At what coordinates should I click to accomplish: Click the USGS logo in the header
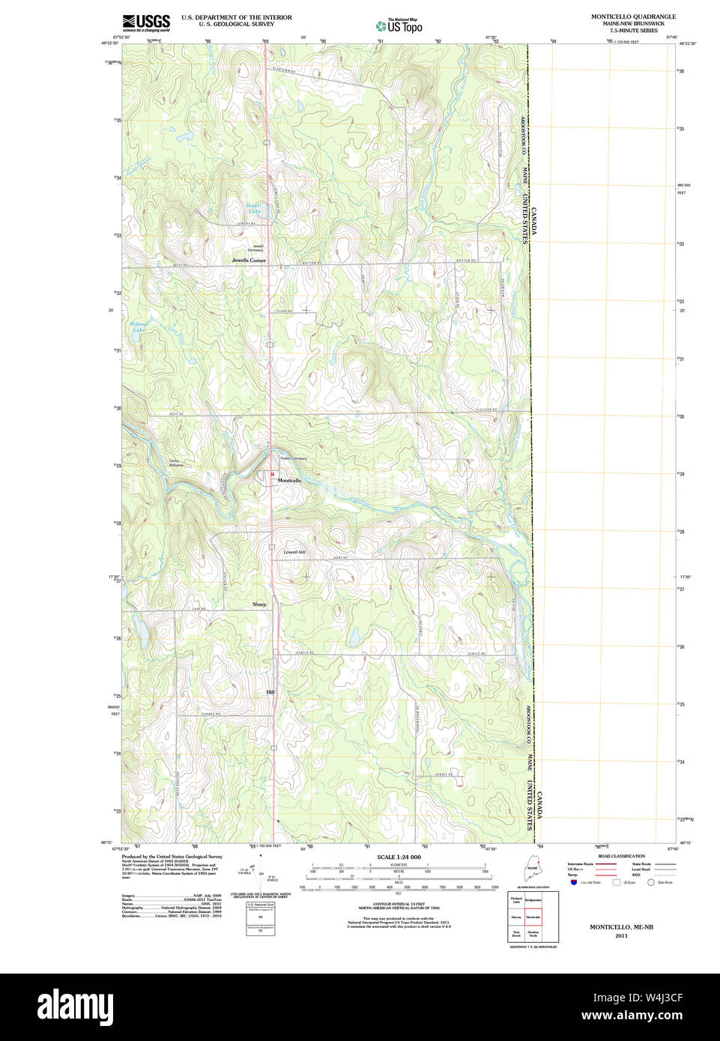pos(146,22)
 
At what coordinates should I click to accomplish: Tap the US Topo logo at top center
pos(399,25)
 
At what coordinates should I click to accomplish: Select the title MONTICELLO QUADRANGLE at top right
pos(633,16)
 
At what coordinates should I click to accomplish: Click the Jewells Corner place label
pos(249,261)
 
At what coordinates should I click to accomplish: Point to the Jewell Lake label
pos(255,208)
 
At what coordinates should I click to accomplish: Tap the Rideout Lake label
pos(139,327)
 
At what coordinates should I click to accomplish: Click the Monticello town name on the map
pos(290,480)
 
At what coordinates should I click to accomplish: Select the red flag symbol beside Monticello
pos(273,474)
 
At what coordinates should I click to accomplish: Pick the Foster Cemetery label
pos(294,458)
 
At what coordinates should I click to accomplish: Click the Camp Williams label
pos(175,463)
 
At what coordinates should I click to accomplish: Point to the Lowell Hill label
pos(294,552)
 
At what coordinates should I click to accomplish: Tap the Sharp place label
pos(259,604)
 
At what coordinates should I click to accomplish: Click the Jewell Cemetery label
pos(258,248)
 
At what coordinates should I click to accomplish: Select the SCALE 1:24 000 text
pos(399,857)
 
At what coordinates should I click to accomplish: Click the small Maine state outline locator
pos(532,870)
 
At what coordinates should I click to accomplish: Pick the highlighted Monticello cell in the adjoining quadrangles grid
pos(533,917)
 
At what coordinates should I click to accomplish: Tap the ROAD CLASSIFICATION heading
pos(622,856)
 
